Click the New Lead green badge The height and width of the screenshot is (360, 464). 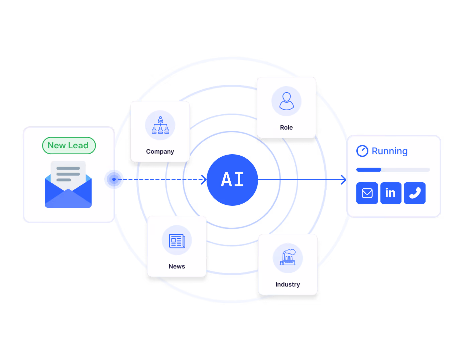click(69, 146)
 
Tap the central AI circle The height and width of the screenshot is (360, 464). click(232, 180)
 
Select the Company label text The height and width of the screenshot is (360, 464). click(160, 152)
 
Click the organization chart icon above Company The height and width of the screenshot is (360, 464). click(160, 125)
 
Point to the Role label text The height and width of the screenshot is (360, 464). click(286, 128)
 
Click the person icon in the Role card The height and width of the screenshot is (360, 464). click(286, 101)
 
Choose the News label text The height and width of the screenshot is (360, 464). click(177, 266)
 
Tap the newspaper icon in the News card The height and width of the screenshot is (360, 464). click(177, 241)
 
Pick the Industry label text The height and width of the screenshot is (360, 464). click(287, 285)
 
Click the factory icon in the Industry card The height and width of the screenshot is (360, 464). click(288, 257)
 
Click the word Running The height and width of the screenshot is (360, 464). click(389, 151)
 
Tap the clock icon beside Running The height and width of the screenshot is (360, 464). click(362, 151)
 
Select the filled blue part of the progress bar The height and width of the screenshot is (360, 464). click(368, 170)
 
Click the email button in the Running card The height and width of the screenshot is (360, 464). click(367, 193)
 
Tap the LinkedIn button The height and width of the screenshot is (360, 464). click(391, 193)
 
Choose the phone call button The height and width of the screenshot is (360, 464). click(415, 193)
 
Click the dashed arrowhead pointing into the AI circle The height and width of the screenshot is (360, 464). click(204, 180)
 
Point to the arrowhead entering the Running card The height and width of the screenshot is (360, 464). click(344, 180)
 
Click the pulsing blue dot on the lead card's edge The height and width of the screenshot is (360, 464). click(114, 180)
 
